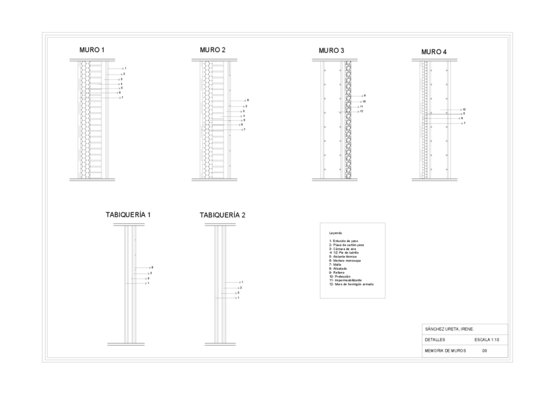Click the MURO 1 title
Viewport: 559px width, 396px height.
(x=92, y=49)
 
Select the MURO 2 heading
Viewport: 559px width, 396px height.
(x=212, y=49)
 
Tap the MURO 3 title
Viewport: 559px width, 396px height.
(x=331, y=50)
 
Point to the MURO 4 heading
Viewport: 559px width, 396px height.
(x=434, y=51)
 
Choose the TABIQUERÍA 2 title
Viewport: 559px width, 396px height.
(x=222, y=214)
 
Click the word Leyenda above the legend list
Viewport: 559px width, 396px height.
(x=336, y=233)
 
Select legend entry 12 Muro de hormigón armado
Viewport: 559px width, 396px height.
(x=351, y=284)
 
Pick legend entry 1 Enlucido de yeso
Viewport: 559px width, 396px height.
(x=343, y=241)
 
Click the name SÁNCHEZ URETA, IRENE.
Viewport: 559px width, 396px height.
(x=449, y=329)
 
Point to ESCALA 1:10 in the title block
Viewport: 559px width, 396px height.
(x=486, y=339)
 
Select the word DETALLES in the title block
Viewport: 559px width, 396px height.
(x=435, y=339)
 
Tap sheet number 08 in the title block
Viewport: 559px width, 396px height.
(x=485, y=350)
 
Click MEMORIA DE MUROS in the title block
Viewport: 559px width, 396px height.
(x=445, y=350)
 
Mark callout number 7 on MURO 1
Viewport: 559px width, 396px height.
(x=123, y=98)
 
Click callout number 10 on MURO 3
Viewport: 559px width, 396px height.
(x=363, y=101)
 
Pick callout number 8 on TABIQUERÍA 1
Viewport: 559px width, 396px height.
(x=152, y=267)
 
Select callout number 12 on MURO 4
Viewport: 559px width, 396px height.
(x=465, y=109)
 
